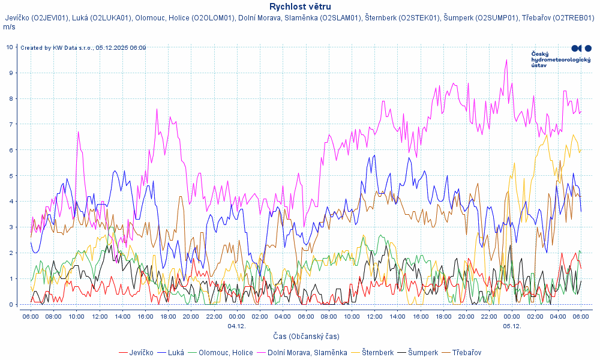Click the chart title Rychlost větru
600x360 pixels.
300,7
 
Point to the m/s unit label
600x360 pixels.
9,27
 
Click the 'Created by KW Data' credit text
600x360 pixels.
83,47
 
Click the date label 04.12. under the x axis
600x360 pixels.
236,326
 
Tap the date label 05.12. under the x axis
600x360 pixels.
512,326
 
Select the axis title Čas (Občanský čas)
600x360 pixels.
300,337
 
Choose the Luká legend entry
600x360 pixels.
176,353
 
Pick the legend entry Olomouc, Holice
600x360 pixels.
226,353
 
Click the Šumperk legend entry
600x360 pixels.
423,353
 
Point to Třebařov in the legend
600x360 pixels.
466,353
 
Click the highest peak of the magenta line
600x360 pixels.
507,60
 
